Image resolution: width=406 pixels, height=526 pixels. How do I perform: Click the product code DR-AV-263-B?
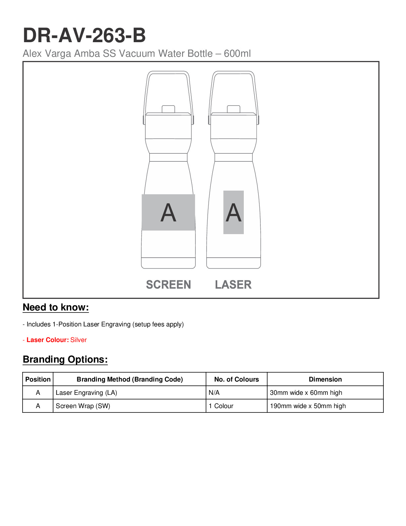point(84,35)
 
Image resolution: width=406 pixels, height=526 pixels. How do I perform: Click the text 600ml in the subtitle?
point(237,53)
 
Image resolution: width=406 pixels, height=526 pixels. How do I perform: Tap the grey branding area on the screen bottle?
point(168,212)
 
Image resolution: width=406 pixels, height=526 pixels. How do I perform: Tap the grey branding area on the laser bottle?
point(234,212)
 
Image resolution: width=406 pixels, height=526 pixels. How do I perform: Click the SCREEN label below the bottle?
point(169,285)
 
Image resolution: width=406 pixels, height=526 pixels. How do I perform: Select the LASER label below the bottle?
point(233,285)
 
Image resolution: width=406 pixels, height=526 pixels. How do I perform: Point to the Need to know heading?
point(56,307)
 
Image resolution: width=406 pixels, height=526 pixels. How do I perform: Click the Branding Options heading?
point(65,359)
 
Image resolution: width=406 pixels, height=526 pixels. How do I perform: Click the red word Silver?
point(79,340)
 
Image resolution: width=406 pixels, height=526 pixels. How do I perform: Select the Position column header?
point(38,379)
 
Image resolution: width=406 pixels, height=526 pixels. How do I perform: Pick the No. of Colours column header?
point(237,379)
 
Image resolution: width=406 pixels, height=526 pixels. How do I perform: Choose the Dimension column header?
point(325,379)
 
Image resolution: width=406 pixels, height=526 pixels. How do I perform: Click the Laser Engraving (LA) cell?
point(86,393)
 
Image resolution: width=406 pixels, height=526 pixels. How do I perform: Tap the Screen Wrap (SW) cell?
point(83,406)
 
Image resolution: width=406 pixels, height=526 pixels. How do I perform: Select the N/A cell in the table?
point(214,393)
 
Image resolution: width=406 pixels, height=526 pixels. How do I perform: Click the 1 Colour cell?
point(221,406)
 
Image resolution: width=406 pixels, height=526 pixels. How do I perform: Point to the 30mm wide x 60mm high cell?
point(306,393)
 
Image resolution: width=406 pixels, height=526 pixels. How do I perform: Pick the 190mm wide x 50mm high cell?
point(308,406)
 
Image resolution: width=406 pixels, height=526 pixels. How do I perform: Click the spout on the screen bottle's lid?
point(168,109)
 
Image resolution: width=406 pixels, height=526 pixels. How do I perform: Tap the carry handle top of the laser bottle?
point(234,73)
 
